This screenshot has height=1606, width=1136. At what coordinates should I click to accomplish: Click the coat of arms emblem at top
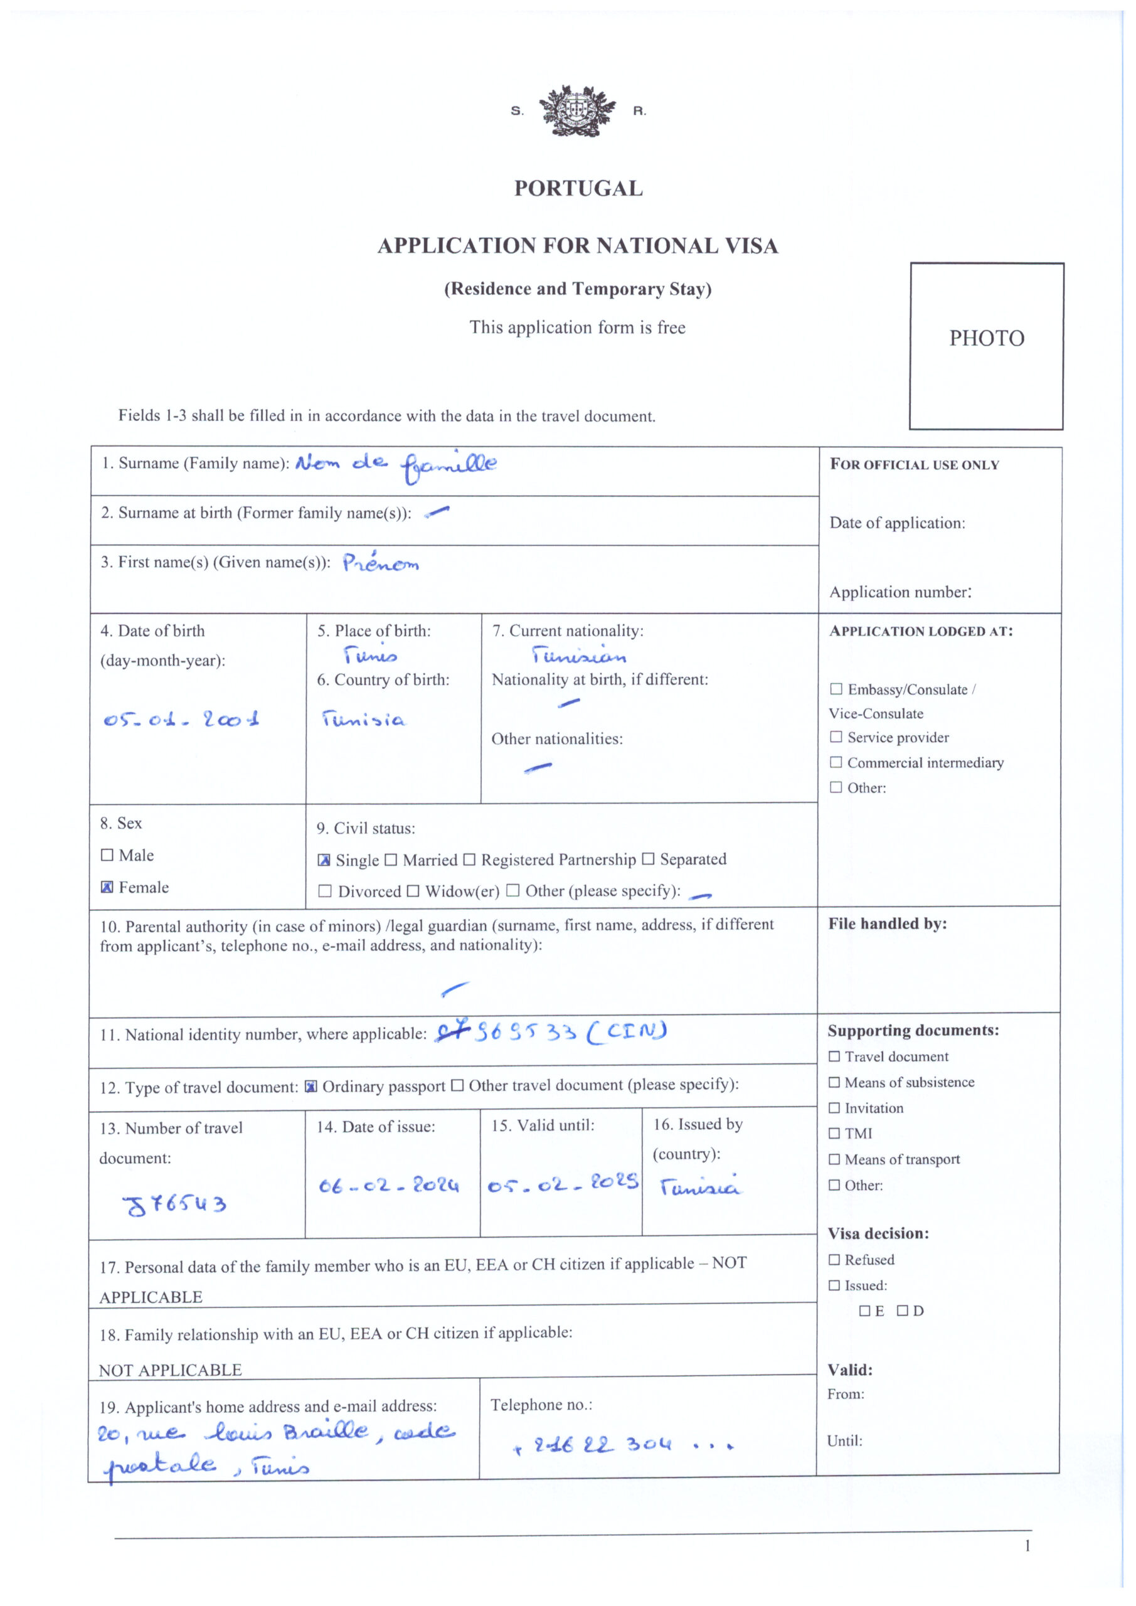578,110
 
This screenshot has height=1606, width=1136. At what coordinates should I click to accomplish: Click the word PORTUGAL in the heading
578,189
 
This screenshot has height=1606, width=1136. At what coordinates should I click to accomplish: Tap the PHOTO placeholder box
986,346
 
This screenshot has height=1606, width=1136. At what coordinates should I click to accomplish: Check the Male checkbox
107,855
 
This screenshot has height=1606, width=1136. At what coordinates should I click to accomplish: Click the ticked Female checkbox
107,887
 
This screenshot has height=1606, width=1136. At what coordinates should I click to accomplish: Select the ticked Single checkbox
324,860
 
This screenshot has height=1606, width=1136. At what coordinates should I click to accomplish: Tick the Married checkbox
391,859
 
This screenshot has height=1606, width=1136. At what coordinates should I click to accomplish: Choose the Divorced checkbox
324,891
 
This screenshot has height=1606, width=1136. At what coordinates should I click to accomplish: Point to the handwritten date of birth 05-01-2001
181,719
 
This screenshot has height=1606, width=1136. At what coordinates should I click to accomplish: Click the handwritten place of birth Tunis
370,656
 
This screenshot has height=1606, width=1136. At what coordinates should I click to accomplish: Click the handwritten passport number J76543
175,1204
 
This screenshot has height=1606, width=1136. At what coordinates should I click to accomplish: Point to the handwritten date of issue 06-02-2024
389,1186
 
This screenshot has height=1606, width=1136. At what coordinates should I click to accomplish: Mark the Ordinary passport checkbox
311,1087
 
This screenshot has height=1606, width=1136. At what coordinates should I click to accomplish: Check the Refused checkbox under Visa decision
834,1260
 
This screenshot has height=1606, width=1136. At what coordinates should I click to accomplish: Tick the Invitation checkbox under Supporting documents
834,1108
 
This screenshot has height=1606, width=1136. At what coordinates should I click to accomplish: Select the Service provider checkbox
836,737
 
